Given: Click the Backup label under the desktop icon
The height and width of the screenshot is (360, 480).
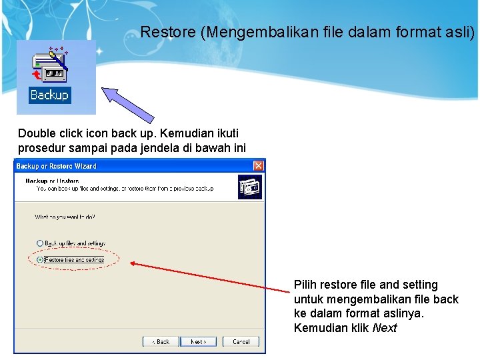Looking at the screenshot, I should pos(49,95).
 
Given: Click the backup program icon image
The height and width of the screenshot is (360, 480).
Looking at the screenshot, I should pos(49,67).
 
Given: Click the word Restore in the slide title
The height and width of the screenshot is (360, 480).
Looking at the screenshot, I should pos(168,31).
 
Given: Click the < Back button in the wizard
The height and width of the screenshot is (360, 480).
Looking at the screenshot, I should pos(161,341).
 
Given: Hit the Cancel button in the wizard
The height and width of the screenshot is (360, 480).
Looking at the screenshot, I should pos(241,341).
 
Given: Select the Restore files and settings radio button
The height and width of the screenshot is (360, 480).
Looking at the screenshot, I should pos(41,259).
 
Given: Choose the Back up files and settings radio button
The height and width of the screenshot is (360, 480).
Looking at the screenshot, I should pos(41,243).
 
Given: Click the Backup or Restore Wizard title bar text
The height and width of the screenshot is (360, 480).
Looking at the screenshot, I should pos(56,166).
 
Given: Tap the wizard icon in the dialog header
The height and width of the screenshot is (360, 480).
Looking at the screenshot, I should pos(249,187).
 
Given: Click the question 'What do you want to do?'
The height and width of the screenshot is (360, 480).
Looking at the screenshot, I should pos(65,217).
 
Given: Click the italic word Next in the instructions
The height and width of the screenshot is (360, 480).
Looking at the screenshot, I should pos(385,328).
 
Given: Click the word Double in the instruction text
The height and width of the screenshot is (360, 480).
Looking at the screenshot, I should pos(36,133).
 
